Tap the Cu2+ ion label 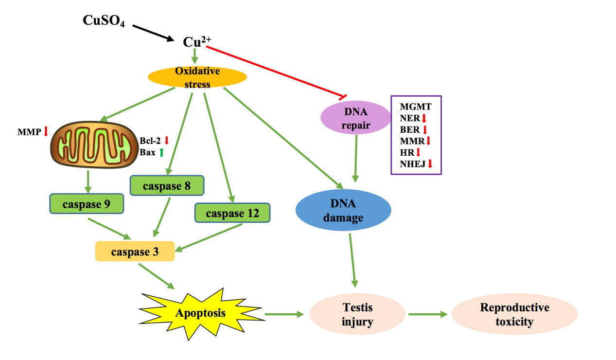tap(196, 41)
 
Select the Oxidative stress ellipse tap(197, 77)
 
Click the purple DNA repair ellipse tap(355, 118)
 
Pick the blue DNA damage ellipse tap(343, 210)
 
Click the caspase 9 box tap(87, 204)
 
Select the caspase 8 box tap(167, 185)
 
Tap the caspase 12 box tap(232, 213)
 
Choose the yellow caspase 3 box tap(135, 252)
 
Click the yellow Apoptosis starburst tap(200, 312)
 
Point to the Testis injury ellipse tap(357, 314)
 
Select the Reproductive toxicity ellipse tap(514, 314)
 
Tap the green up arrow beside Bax tap(162, 152)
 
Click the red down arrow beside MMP tap(46, 131)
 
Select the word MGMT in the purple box tap(416, 107)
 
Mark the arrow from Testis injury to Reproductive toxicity tap(427, 314)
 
